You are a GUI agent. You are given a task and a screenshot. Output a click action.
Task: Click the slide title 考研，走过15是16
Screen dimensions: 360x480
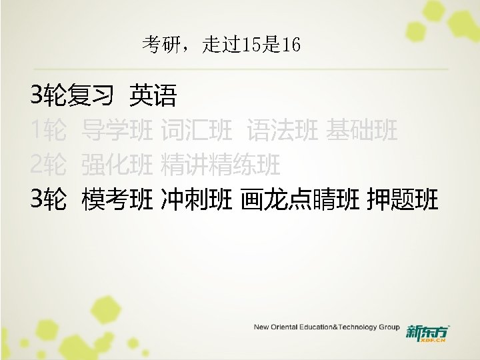pos(221,45)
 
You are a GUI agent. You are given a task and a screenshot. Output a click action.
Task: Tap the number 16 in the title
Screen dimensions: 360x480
pos(291,45)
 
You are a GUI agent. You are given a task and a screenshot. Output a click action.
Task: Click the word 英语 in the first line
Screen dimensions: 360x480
pos(153,97)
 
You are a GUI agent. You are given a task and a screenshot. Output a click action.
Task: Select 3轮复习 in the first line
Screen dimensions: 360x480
pos(71,97)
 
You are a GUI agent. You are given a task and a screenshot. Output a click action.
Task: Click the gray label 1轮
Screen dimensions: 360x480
pos(48,131)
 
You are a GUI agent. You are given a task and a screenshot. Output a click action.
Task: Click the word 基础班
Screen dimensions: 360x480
pos(362,131)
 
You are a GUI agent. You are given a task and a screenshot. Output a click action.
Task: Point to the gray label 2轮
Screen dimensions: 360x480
pos(48,164)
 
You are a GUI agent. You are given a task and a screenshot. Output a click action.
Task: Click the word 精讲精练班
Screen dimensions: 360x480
pos(221,164)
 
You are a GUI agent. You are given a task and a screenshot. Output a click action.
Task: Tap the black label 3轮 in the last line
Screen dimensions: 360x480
pos(48,198)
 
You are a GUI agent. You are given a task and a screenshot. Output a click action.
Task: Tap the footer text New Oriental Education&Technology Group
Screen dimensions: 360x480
pos(326,327)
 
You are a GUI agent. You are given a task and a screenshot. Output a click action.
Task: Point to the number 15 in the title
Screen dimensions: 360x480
pos(256,45)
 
